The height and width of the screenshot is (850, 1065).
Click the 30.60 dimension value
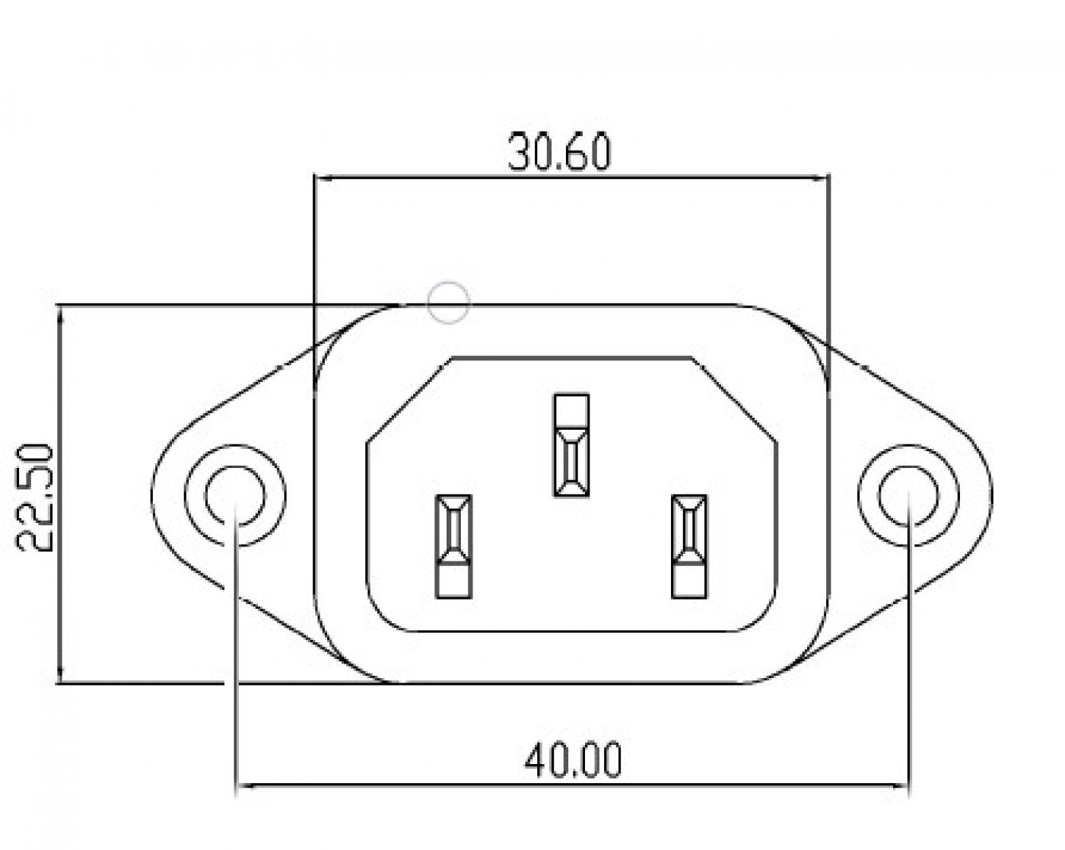560,151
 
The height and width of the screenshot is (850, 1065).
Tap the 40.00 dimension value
573,761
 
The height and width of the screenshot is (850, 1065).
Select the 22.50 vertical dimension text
34,498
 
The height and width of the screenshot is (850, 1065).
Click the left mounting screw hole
235,495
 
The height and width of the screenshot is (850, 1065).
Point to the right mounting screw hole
908,495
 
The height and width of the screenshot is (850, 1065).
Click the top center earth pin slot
571,445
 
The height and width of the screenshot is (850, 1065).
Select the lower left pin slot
454,546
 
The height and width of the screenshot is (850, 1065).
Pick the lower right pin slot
689,546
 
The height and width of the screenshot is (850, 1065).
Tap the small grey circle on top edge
448,303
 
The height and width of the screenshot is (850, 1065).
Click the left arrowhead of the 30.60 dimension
323,177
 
